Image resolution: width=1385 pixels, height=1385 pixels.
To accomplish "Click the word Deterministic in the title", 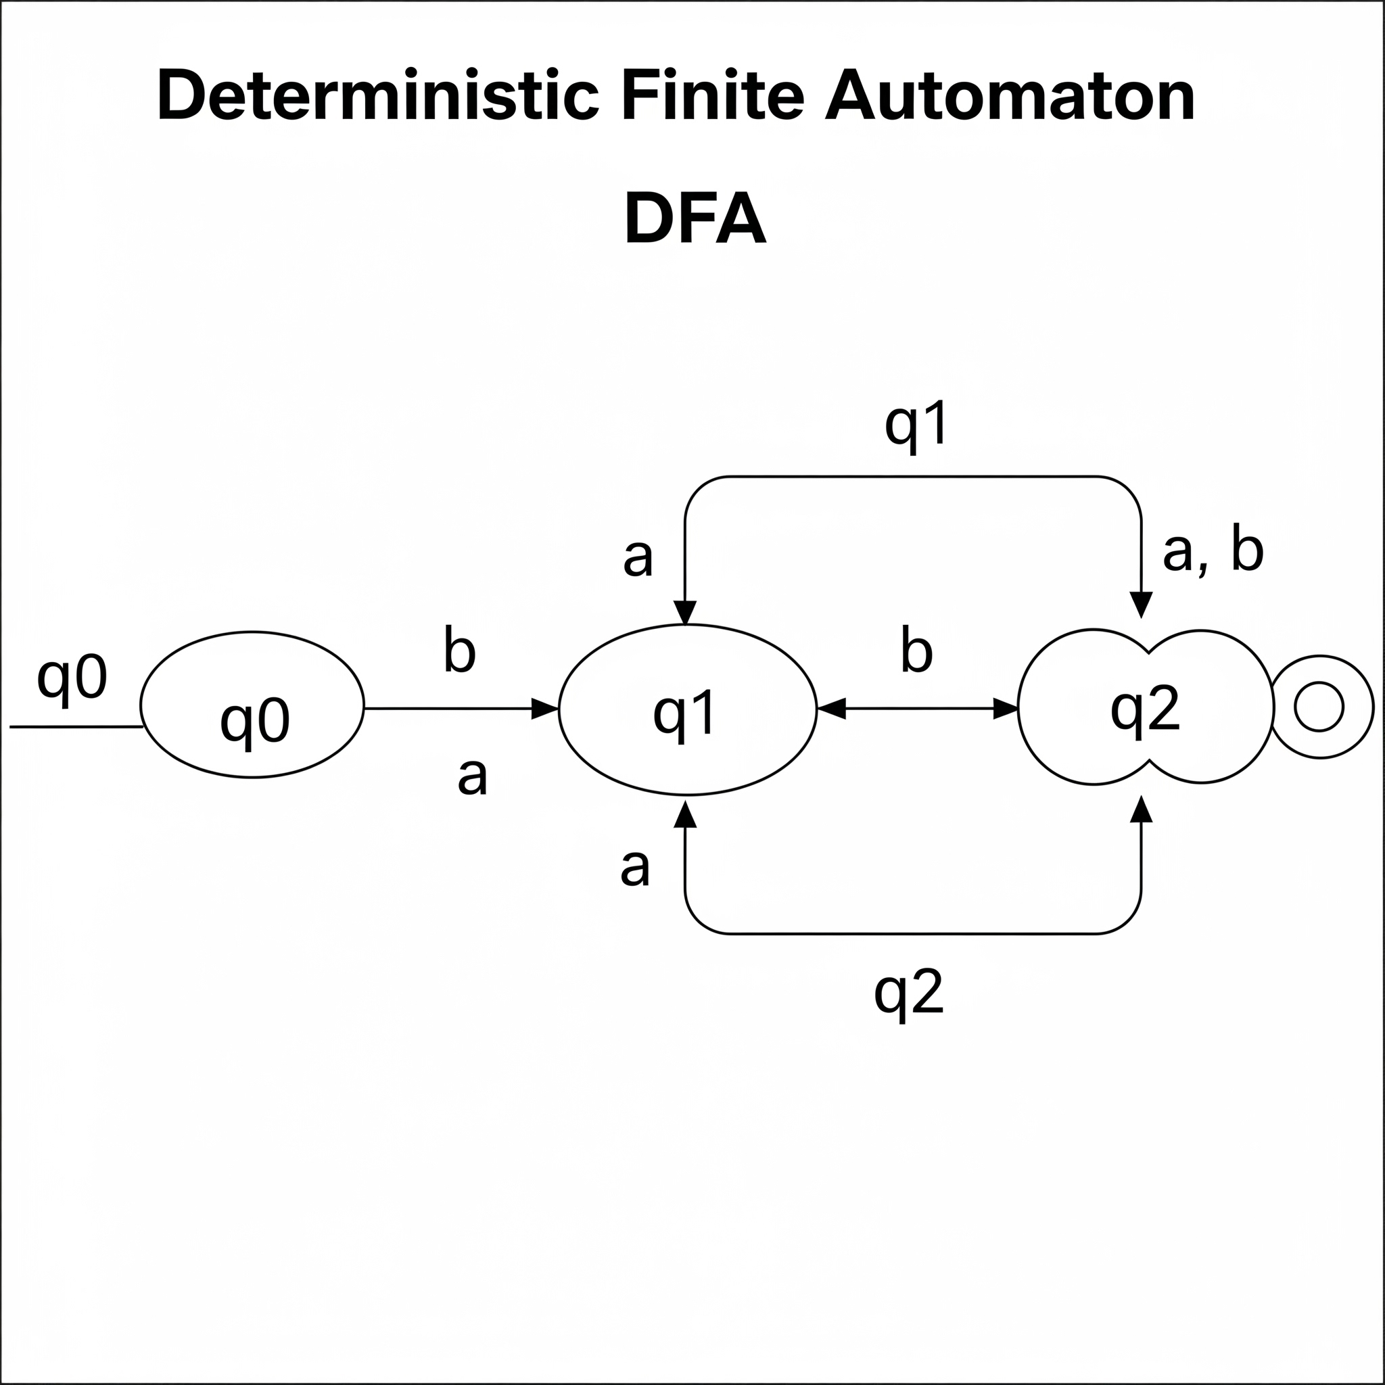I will click(x=378, y=95).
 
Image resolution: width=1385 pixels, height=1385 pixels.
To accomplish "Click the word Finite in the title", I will click(x=713, y=95).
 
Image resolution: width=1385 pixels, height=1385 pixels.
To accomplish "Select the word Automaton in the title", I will click(x=1010, y=95).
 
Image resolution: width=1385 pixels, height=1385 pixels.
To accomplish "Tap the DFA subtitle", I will click(x=695, y=219).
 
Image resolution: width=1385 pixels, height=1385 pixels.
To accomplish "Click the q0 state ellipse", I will click(x=252, y=705).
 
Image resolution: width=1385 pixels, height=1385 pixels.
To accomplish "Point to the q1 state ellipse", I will click(x=687, y=709).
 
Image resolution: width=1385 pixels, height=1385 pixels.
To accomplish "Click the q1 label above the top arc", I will click(x=917, y=425).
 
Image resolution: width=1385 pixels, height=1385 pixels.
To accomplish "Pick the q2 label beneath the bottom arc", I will click(x=908, y=993).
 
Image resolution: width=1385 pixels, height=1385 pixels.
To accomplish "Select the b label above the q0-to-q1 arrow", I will click(x=459, y=650).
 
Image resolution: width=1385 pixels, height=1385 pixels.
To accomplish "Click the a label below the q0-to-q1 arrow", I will click(x=473, y=776).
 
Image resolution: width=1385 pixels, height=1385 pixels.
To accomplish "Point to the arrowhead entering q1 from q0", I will click(x=546, y=709).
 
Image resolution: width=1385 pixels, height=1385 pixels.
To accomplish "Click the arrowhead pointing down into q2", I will click(x=1141, y=605).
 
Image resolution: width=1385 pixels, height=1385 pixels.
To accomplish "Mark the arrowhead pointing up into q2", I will click(x=1141, y=809).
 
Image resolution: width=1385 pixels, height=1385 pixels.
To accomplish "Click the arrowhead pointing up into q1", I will click(x=686, y=814).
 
